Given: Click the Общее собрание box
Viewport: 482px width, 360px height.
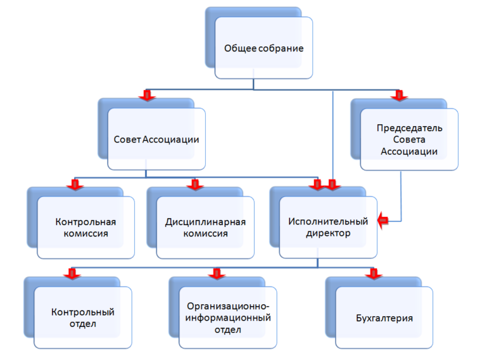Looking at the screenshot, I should pos(264,48).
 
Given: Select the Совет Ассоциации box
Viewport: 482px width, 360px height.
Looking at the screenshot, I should pos(156,139).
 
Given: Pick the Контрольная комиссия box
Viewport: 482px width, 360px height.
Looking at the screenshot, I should pos(86,228).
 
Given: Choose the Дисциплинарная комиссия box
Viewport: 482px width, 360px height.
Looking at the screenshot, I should pos(205,228).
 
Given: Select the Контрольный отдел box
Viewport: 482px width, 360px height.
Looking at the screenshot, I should pos(83,317).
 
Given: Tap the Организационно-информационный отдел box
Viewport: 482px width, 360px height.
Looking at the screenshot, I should pos(228,317).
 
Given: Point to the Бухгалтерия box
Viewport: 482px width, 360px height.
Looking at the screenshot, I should pos(384,317).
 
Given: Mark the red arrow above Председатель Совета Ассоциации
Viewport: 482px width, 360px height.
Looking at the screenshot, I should pos(398,95).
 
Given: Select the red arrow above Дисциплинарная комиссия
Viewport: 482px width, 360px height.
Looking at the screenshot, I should pos(195,184).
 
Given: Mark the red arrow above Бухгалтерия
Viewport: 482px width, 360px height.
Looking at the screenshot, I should pos(373,273).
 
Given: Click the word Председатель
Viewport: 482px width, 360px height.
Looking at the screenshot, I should pos(410,128).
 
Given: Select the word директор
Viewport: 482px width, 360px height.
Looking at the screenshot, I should pos(328,233).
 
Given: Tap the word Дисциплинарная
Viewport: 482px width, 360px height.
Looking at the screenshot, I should pos(205,222).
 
